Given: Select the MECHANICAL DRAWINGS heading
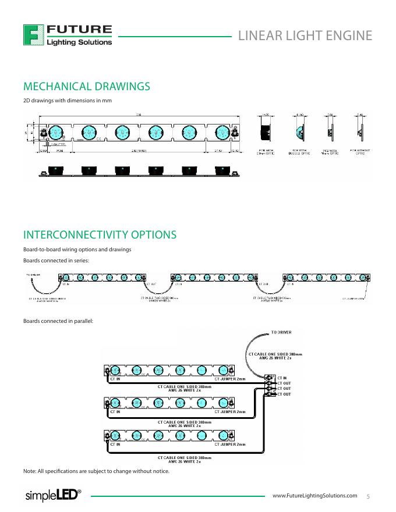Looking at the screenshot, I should tap(86, 87).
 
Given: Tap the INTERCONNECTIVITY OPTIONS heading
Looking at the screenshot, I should tap(100, 235).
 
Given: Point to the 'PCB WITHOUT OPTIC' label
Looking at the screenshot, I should tap(360, 152).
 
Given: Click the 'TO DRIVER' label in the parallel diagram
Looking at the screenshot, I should tap(281, 332).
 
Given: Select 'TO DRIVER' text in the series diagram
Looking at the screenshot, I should tap(33, 273).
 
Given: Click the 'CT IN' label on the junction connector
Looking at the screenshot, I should tap(281, 378).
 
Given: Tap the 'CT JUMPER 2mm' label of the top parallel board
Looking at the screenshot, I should tap(230, 379).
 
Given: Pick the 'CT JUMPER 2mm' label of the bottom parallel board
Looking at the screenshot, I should tap(230, 444).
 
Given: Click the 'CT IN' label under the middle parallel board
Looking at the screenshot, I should tap(115, 411).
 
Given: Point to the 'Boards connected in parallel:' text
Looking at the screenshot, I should tap(58, 321).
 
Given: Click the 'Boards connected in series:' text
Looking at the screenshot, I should tap(56, 260).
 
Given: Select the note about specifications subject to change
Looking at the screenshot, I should tap(96, 471).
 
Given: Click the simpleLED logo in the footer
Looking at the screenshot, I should tap(52, 495).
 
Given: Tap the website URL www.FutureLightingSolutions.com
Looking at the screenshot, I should tap(314, 495).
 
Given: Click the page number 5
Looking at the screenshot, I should tap(368, 496).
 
